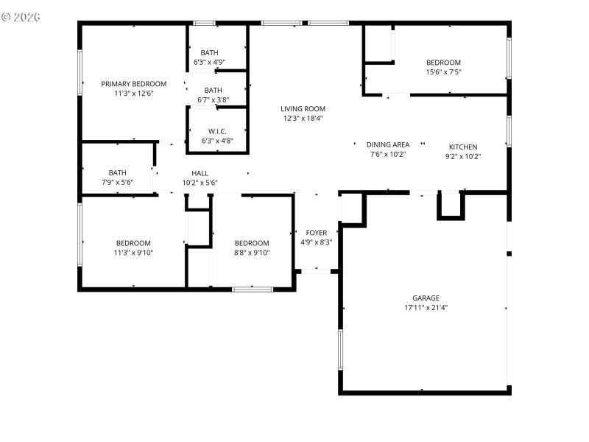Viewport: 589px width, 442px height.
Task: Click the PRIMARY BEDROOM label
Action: click(x=133, y=84)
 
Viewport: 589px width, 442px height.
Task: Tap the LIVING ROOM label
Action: click(x=303, y=108)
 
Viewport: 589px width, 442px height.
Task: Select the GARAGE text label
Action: click(x=426, y=298)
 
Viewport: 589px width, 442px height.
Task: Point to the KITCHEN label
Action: click(x=463, y=147)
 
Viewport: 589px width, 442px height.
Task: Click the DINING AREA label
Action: click(x=388, y=144)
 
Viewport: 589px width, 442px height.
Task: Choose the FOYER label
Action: click(x=316, y=233)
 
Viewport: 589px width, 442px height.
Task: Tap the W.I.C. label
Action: click(x=217, y=131)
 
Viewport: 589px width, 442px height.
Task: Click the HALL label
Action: click(x=200, y=173)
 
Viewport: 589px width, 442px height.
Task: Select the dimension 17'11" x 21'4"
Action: click(x=426, y=308)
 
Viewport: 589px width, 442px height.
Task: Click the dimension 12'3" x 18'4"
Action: click(x=303, y=118)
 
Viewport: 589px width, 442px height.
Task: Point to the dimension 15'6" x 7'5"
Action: click(x=443, y=72)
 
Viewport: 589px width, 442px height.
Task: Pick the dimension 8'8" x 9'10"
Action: click(x=252, y=253)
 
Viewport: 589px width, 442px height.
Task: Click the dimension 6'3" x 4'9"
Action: click(x=209, y=63)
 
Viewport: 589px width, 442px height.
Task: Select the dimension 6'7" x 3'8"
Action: click(x=213, y=100)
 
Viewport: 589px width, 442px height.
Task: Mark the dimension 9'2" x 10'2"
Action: click(x=463, y=156)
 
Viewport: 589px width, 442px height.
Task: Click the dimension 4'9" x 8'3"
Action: click(x=316, y=242)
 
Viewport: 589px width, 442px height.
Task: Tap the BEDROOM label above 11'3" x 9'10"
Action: click(x=133, y=243)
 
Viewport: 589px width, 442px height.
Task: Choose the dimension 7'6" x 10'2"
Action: click(x=388, y=155)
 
